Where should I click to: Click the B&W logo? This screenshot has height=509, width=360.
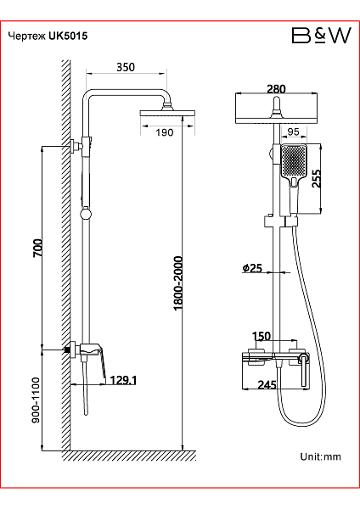click(x=321, y=36)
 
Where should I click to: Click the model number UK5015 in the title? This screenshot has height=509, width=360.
click(x=68, y=36)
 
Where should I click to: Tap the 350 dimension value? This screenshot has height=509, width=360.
click(x=126, y=67)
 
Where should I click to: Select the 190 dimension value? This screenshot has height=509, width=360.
click(x=165, y=132)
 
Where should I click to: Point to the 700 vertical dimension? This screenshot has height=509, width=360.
click(x=37, y=248)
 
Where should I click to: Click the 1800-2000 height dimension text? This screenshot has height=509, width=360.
click(x=178, y=283)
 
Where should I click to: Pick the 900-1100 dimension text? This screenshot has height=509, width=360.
click(x=36, y=400)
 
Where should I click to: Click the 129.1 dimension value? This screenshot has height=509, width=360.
click(x=123, y=380)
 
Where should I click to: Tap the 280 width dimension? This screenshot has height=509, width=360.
click(x=276, y=88)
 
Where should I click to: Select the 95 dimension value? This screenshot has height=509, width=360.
click(x=293, y=131)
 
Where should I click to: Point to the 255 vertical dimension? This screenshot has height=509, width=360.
click(x=316, y=178)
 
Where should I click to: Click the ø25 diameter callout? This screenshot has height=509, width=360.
click(x=252, y=268)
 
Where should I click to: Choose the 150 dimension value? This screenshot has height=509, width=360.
click(x=262, y=336)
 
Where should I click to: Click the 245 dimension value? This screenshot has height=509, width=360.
click(x=267, y=384)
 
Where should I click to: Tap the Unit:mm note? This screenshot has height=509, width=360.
click(x=320, y=456)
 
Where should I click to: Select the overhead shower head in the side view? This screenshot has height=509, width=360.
click(x=167, y=114)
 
